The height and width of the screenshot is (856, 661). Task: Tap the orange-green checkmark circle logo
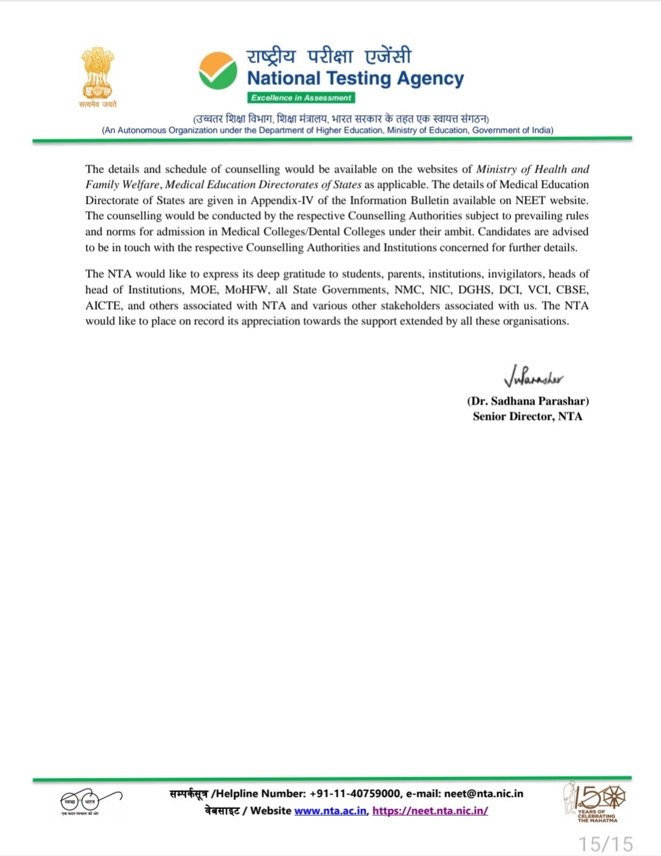click(218, 70)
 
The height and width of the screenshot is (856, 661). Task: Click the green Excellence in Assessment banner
click(301, 98)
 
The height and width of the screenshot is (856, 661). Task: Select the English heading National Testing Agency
click(356, 78)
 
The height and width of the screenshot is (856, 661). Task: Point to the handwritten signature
click(533, 376)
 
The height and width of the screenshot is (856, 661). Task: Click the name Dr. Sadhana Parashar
click(528, 401)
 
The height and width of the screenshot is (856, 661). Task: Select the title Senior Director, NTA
click(528, 416)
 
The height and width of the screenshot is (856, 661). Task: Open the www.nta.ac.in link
click(331, 811)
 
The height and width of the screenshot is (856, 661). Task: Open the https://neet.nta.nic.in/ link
click(430, 811)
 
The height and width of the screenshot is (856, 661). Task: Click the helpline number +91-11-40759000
click(355, 794)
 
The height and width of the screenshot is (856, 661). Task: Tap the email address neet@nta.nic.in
click(484, 794)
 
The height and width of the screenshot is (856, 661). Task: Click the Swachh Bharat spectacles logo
click(90, 801)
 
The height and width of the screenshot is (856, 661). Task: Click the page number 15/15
click(605, 844)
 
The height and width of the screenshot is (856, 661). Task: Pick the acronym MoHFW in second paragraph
click(246, 290)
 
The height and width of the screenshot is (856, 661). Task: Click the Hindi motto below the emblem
click(98, 105)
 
